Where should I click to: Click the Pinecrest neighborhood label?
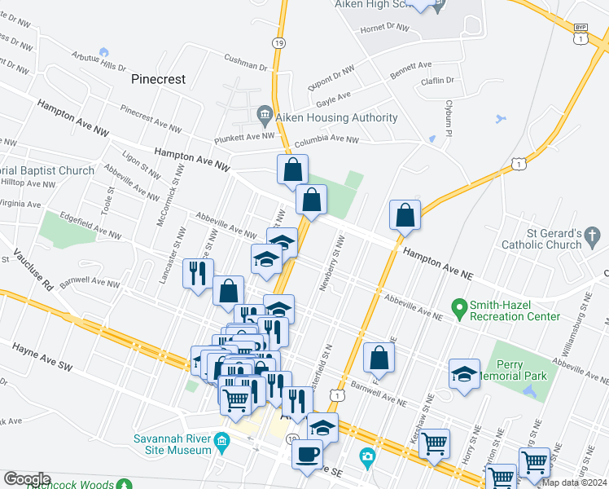158,80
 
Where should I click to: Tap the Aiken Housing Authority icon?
264,113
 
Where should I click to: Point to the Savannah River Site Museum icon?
221,446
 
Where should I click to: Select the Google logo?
27,479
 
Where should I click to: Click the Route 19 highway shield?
279,42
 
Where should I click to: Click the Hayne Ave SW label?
42,358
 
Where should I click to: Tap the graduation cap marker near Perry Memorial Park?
464,373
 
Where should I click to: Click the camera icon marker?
368,456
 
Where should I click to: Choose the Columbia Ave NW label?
326,139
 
